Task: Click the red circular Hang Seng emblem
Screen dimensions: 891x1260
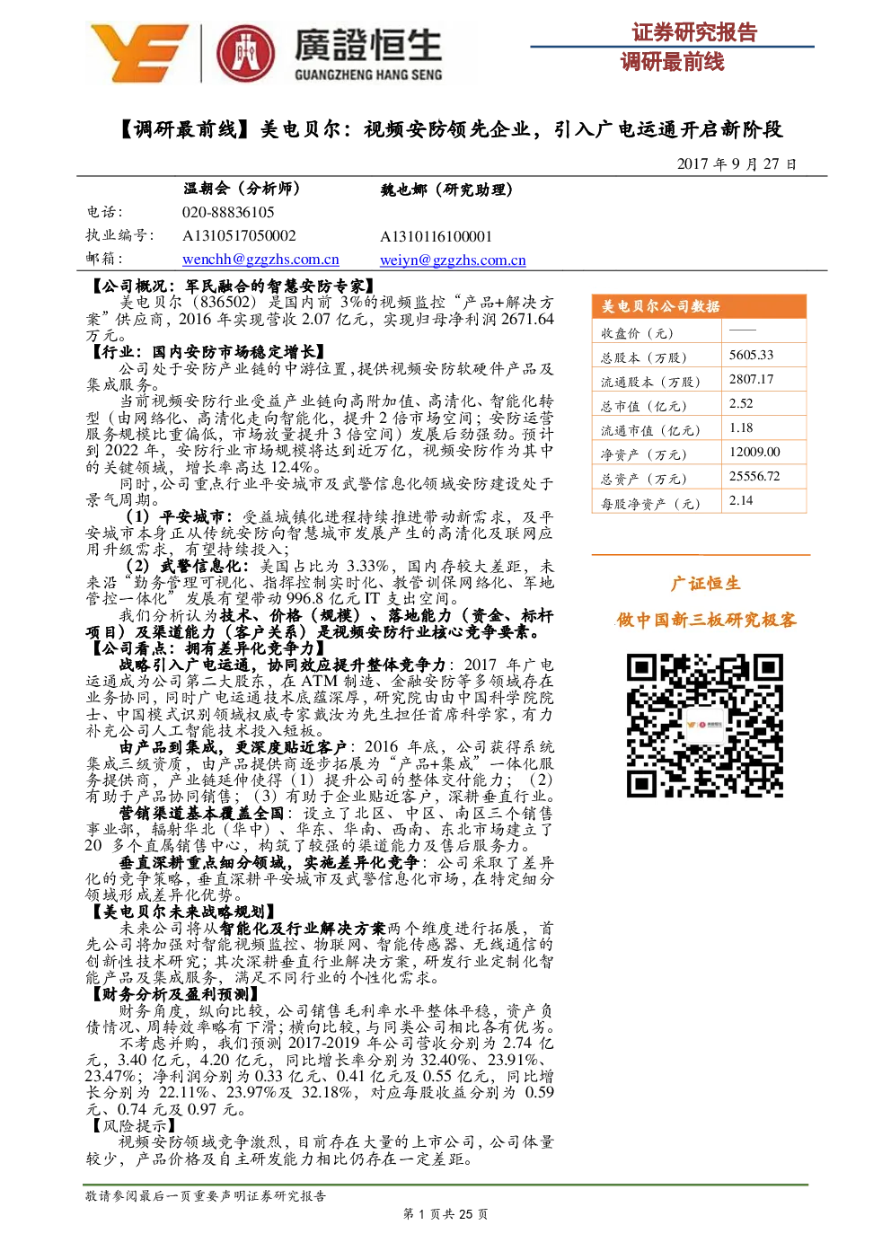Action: (x=245, y=54)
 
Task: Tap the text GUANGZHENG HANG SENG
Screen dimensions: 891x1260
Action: (x=368, y=75)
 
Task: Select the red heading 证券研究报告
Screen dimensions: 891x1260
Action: (x=694, y=32)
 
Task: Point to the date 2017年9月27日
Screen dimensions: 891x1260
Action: (x=737, y=163)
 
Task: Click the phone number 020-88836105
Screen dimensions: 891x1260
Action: (x=228, y=212)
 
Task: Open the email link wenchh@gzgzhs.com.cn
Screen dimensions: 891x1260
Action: (x=260, y=260)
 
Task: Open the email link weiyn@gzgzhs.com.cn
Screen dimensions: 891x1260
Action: (x=453, y=260)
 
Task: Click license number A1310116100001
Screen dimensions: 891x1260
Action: (x=436, y=236)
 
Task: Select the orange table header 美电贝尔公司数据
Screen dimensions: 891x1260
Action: (x=660, y=306)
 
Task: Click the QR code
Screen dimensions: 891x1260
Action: (x=705, y=725)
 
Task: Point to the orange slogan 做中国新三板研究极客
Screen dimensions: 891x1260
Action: (x=706, y=620)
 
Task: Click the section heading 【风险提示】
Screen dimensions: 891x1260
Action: (x=133, y=1125)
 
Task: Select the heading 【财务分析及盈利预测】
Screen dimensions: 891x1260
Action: (x=174, y=994)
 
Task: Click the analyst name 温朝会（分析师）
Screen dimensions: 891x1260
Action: (x=242, y=189)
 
